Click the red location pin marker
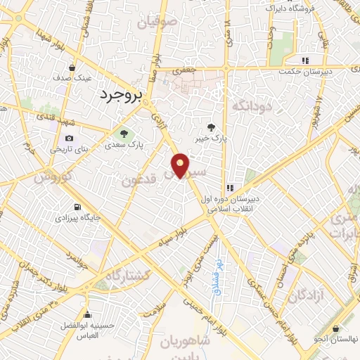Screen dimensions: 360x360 [181, 165]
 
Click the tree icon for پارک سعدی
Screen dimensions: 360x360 [124, 133]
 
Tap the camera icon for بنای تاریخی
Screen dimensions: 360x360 [69, 138]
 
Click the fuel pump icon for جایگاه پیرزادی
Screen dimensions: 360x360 [77, 207]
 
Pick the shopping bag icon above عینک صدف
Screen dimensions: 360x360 [72, 68]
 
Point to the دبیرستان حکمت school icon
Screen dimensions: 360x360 [305, 60]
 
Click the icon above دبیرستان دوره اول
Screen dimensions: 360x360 [230, 188]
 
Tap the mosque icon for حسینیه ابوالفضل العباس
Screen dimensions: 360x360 [87, 315]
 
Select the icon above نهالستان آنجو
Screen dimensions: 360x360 [337, 328]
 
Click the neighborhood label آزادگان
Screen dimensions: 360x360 [305, 292]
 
